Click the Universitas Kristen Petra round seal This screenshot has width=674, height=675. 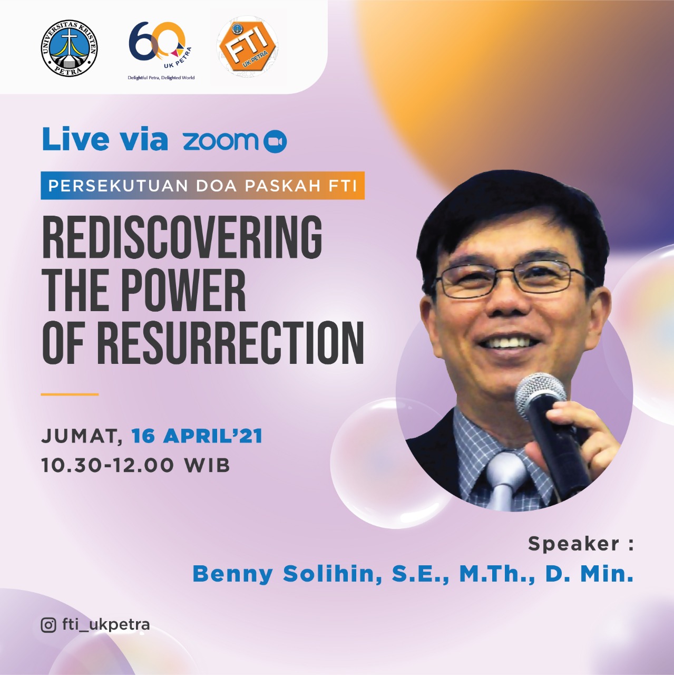[x=69, y=48]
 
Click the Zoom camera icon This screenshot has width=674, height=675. [x=275, y=142]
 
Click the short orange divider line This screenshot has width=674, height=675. [x=70, y=394]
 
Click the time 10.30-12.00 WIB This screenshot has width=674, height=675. [x=135, y=466]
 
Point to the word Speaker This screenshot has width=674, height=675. [x=573, y=544]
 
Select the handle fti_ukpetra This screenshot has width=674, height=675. [x=106, y=624]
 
